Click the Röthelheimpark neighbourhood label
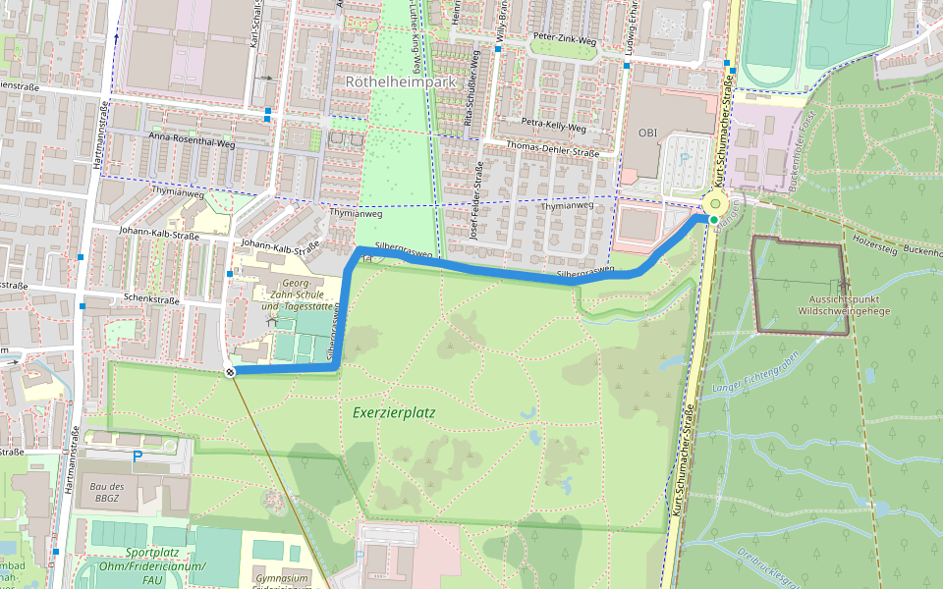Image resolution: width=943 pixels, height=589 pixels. pyautogui.click(x=401, y=82)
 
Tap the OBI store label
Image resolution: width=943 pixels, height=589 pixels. pyautogui.click(x=647, y=133)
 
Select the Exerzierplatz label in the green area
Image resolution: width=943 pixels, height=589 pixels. pyautogui.click(x=393, y=412)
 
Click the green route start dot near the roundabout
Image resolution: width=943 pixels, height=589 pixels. pyautogui.click(x=712, y=220)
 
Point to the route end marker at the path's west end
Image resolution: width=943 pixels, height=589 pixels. pyautogui.click(x=229, y=372)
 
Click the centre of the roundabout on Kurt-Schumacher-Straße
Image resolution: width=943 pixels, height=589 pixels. pyautogui.click(x=715, y=204)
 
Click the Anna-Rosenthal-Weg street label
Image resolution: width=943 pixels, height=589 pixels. pyautogui.click(x=192, y=142)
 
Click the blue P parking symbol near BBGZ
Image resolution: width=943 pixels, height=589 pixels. pyautogui.click(x=138, y=456)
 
